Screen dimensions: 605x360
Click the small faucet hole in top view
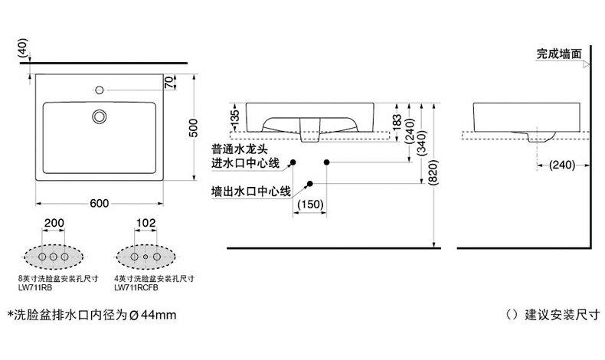pos(100,90)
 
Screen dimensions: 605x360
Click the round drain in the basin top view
pos(100,116)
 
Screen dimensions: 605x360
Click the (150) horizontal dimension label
pos(309,206)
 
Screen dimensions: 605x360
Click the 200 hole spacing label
pos(54,223)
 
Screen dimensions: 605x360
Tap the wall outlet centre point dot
pos(309,183)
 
